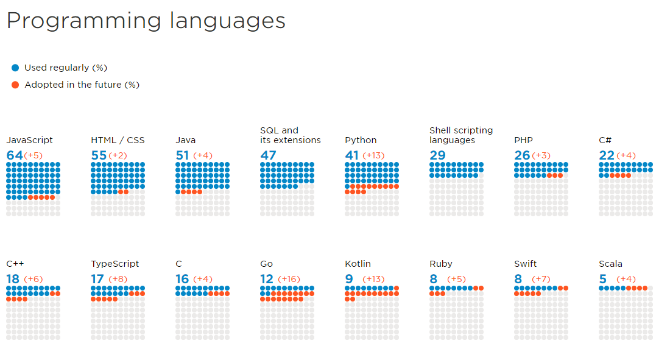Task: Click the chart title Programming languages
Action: (x=146, y=21)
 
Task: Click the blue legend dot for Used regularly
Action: (x=15, y=68)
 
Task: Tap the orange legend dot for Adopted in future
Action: (x=15, y=85)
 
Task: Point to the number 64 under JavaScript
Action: (x=14, y=155)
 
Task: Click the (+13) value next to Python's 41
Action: (x=373, y=155)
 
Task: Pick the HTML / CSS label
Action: (x=118, y=140)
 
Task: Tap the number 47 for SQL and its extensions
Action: (x=268, y=155)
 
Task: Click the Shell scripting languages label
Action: (x=460, y=135)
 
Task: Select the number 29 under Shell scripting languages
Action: (x=437, y=155)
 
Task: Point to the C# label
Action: (x=605, y=140)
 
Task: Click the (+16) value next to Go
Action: (x=289, y=279)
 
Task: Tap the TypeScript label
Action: (x=115, y=264)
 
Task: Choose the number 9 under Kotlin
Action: (x=348, y=279)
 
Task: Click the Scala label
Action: (x=610, y=264)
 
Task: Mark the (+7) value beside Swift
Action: (x=541, y=279)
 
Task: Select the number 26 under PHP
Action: (x=522, y=155)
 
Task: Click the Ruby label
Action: (x=440, y=264)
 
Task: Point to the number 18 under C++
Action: (x=13, y=279)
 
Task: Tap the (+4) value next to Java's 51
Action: (x=202, y=155)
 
